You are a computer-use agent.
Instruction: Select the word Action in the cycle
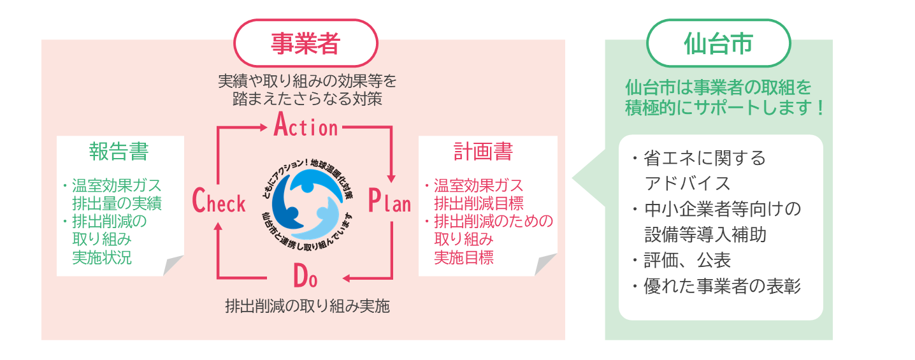coord(306,126)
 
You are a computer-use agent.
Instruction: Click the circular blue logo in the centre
coord(305,202)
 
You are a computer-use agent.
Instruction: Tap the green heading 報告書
coord(119,152)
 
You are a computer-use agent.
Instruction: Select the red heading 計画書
coord(483,152)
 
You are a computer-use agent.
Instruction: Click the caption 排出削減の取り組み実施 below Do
coord(307,306)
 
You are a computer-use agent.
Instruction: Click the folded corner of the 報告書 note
coord(172,266)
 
